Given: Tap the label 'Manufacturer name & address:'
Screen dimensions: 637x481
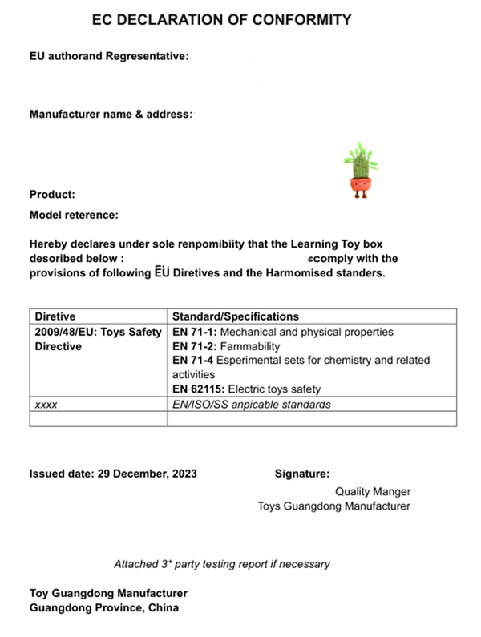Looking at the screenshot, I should pos(111,115).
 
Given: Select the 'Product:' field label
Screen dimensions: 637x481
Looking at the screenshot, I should pos(52,194).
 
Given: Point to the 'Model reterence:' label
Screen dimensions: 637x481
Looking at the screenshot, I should pos(74,215).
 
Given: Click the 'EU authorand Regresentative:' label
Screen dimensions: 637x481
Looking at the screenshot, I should pos(108,57).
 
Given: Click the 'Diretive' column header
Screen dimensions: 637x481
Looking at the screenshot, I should pos(55,316).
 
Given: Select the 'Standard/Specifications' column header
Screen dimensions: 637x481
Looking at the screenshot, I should pos(236,316).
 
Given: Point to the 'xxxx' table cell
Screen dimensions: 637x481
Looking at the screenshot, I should pos(46,405).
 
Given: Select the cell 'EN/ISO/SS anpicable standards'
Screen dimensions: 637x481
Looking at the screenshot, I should pos(251,405).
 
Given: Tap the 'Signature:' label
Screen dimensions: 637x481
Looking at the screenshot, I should pos(302,474).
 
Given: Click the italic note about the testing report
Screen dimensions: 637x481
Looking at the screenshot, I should pos(221,564).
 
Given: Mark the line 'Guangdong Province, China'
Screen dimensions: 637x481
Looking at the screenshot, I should pos(104,607).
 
